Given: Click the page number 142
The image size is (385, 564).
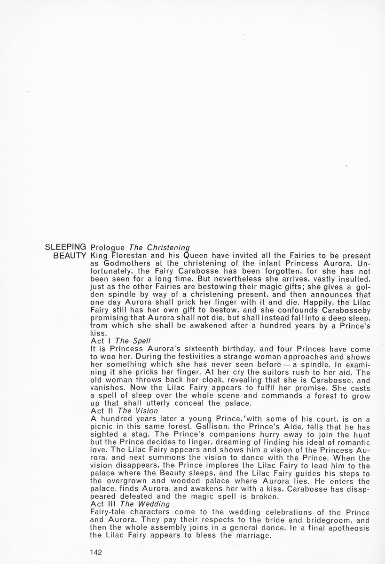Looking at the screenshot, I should pyautogui.click(x=96, y=553).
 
